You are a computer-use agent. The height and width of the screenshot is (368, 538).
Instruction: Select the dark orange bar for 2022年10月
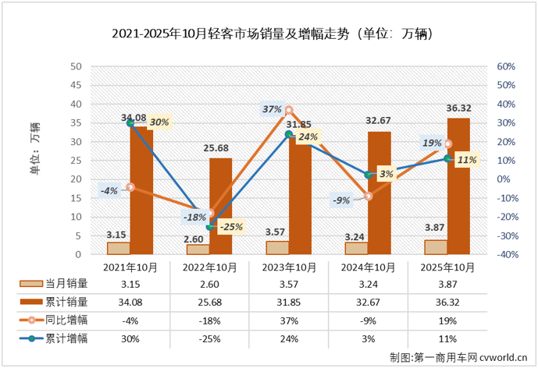coord(220,206)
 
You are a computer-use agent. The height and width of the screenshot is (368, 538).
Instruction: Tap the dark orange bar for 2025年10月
coord(458,186)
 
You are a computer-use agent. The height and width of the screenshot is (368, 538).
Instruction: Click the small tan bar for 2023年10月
coord(277,247)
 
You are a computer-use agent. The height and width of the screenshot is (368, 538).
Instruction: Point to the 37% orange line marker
coord(288,111)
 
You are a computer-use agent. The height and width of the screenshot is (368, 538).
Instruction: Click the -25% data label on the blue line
coord(229,228)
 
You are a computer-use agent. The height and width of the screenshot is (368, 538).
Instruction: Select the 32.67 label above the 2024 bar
coord(378,121)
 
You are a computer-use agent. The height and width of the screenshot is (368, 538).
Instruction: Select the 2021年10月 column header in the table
coord(131,267)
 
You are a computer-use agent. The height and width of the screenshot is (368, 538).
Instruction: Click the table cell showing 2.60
coord(210,285)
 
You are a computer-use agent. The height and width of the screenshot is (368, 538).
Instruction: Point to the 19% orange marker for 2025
coord(447,143)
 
